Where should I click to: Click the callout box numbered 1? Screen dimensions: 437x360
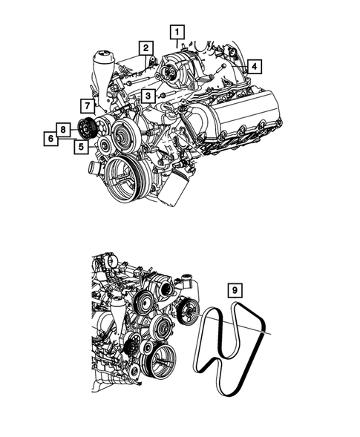[x=177, y=32]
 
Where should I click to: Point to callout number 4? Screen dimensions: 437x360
[x=254, y=66]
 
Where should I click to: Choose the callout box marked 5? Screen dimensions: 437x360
[x=79, y=146]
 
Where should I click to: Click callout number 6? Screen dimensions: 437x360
[x=50, y=138]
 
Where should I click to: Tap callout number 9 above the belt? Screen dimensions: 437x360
[x=234, y=290]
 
